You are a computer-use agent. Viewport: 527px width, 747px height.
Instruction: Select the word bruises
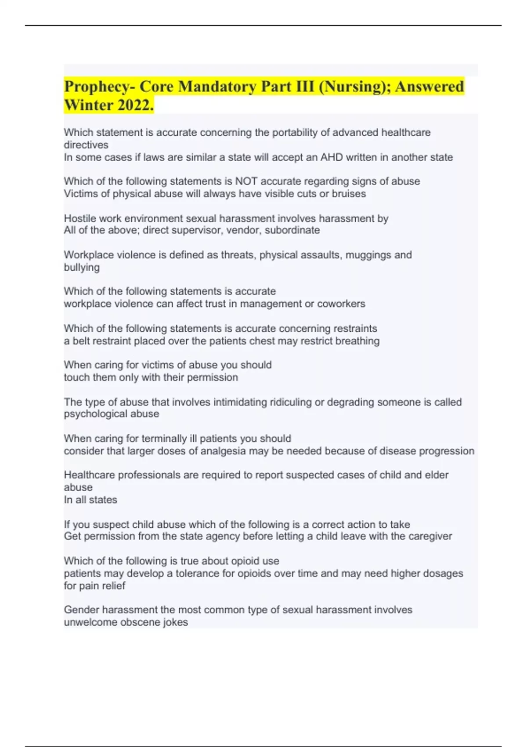[x=347, y=194]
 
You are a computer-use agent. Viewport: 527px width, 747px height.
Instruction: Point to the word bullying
[x=82, y=267]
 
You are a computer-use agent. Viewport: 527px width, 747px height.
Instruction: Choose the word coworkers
[x=341, y=304]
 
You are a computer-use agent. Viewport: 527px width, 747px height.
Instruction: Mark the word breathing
[x=357, y=341]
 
